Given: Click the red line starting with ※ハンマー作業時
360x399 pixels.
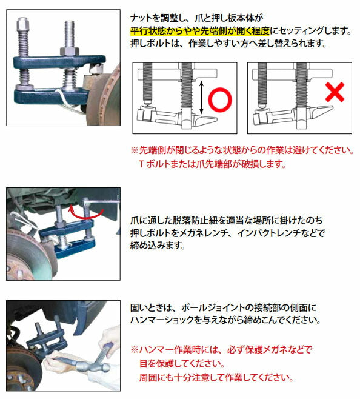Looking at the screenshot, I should pyautogui.click(x=221, y=350).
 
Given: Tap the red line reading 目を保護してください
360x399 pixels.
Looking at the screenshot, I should pyautogui.click(x=187, y=364).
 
